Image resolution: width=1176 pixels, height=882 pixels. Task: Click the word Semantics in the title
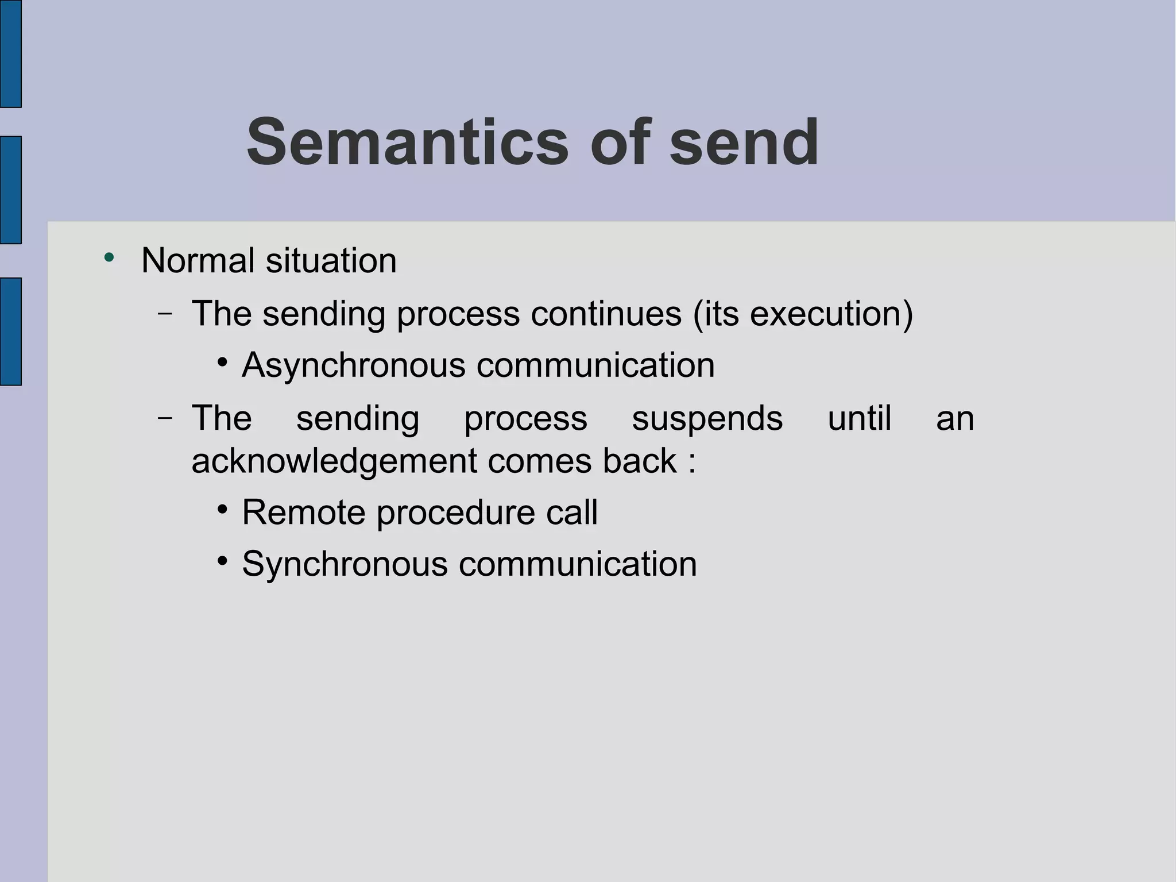pyautogui.click(x=407, y=142)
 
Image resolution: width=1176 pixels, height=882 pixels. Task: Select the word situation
pyautogui.click(x=331, y=260)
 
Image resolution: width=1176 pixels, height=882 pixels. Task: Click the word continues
pyautogui.click(x=606, y=314)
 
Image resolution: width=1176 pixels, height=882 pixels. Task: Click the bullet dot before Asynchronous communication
pyautogui.click(x=223, y=363)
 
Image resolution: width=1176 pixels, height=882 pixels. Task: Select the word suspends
pyautogui.click(x=707, y=418)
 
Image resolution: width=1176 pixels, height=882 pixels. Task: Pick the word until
pyautogui.click(x=859, y=418)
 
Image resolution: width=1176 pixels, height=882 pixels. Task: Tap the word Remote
pyautogui.click(x=303, y=512)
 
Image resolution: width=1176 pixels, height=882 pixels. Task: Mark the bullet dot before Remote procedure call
pyautogui.click(x=223, y=509)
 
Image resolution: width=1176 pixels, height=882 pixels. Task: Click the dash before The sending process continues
pyautogui.click(x=165, y=314)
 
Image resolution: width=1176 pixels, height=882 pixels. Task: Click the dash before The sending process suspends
pyautogui.click(x=165, y=418)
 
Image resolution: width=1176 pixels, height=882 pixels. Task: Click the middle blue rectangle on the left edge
pyautogui.click(x=10, y=190)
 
